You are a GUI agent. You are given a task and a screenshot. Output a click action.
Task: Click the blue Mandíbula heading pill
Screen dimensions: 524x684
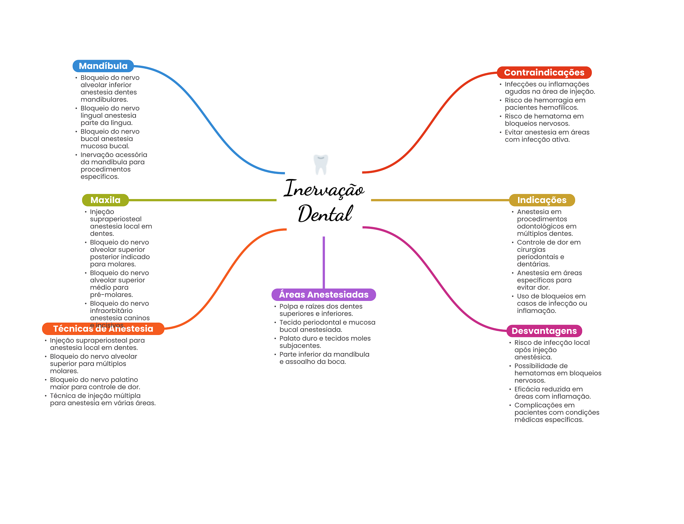103,66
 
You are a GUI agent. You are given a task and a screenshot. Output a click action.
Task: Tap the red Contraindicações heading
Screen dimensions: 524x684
544,72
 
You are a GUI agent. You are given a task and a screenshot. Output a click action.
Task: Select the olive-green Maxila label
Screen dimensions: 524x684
105,200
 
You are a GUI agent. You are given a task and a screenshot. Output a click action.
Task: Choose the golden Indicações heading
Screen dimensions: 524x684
541,200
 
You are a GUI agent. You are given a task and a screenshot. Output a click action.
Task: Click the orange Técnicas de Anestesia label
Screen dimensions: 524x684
103,329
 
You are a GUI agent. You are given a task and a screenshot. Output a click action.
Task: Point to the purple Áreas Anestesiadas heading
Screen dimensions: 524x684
323,295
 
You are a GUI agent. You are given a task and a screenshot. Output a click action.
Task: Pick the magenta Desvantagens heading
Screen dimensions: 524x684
544,331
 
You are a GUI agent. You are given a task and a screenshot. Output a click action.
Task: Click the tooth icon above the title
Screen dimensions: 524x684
321,164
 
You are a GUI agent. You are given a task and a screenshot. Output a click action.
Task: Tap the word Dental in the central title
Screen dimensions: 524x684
325,214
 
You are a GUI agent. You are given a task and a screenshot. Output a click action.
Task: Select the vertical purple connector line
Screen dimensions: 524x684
324,262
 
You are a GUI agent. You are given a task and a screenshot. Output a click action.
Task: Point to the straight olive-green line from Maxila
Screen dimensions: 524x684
202,200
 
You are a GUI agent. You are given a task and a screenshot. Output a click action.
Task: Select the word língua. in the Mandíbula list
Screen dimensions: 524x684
121,123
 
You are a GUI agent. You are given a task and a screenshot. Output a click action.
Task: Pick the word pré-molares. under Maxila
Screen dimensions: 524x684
111,295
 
